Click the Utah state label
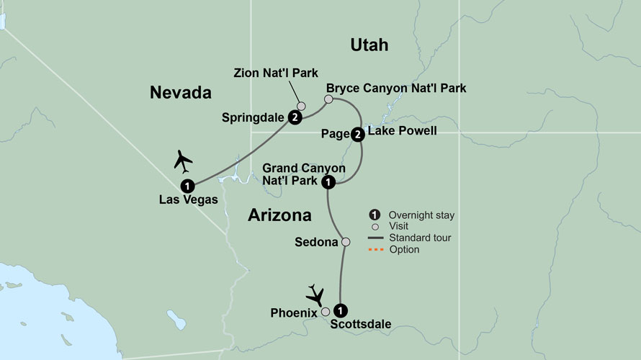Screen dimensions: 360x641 click(369, 45)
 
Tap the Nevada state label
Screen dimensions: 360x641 click(180, 92)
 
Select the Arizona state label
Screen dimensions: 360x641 click(279, 215)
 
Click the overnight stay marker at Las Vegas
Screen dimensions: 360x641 click(187, 184)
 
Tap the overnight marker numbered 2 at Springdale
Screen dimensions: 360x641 click(295, 117)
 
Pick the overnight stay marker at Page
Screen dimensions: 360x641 click(358, 133)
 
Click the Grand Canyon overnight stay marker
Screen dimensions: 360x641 click(328, 181)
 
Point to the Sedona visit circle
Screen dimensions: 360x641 click(346, 242)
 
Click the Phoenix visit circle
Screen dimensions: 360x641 click(326, 312)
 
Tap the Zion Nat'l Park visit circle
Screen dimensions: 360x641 click(302, 105)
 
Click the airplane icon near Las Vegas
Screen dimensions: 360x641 click(184, 160)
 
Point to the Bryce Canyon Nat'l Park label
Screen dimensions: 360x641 click(396, 88)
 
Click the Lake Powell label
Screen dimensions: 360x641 click(402, 131)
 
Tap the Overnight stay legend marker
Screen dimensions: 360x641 click(375, 215)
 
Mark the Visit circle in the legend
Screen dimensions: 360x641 click(375, 226)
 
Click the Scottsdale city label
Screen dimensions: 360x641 click(361, 325)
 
